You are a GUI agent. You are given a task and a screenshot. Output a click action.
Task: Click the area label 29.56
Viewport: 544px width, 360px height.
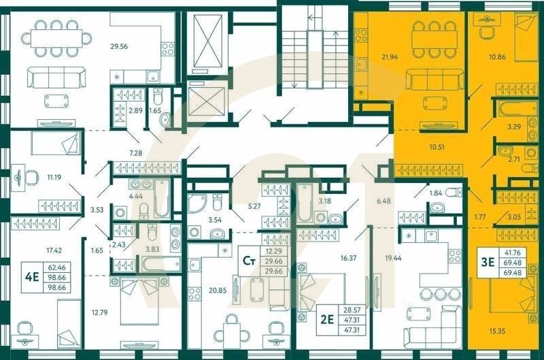120,47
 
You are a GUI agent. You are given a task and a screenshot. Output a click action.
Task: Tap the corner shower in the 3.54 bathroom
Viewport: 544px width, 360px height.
198,202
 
